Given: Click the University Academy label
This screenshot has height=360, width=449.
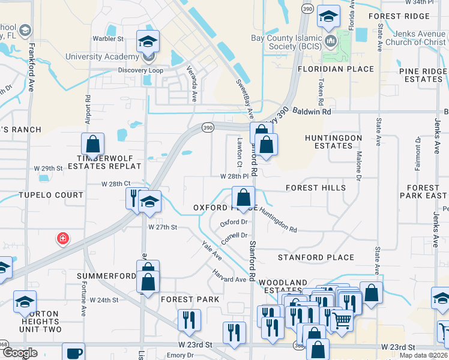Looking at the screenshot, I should tap(102, 57).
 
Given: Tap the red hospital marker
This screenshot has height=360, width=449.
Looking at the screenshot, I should tap(62, 239).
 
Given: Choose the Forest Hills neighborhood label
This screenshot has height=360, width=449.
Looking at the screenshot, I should tap(316, 188).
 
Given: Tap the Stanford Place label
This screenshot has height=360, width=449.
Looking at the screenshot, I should tap(316, 257).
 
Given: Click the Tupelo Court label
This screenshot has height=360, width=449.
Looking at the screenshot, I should tap(51, 196).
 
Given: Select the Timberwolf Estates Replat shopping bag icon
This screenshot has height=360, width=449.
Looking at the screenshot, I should tap(93, 144).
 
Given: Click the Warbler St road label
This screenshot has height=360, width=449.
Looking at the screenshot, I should tap(108, 39).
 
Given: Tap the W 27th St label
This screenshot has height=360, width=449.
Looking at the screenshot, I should tap(163, 227).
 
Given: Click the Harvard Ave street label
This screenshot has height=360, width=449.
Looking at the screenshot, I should tap(229, 275).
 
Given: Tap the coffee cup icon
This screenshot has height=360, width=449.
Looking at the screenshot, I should tap(74, 353).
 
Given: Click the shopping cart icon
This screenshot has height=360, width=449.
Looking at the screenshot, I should tap(342, 320).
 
